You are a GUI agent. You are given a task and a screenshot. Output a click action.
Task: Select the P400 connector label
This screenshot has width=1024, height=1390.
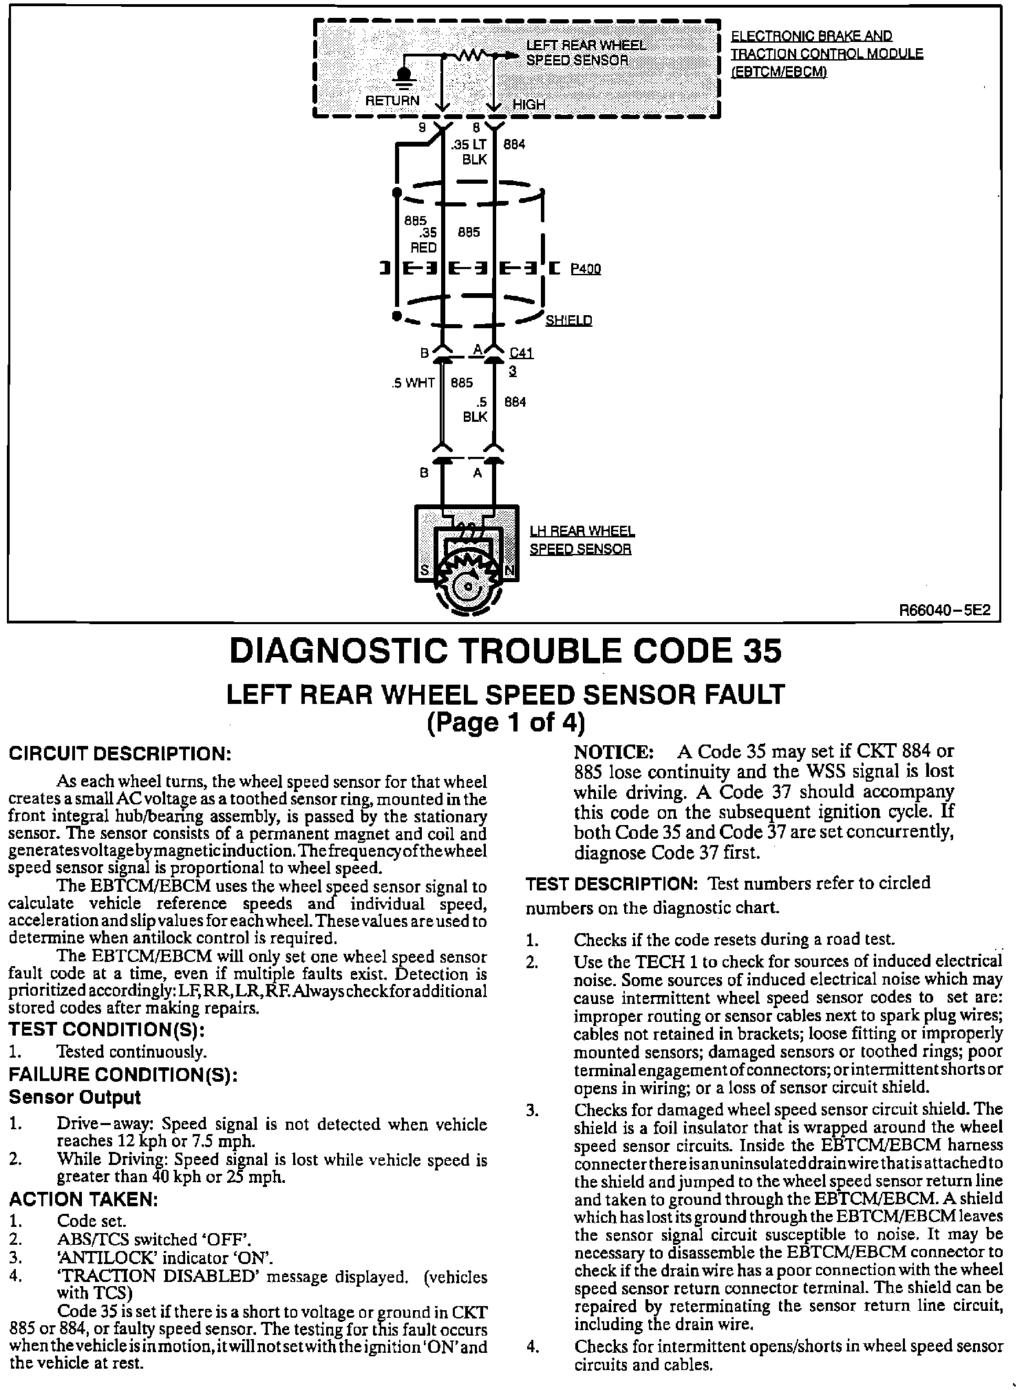(x=586, y=269)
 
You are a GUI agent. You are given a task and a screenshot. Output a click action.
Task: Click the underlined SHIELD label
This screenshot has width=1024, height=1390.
(x=568, y=321)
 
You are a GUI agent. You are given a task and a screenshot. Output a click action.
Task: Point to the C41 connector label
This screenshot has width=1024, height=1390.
(x=522, y=354)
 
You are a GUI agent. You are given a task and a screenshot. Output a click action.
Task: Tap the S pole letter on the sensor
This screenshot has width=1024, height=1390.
(x=425, y=570)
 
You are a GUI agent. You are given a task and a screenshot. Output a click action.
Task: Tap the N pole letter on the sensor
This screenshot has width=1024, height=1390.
(x=510, y=570)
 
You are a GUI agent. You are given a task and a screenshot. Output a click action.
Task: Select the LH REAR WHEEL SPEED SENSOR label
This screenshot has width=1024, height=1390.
(x=582, y=540)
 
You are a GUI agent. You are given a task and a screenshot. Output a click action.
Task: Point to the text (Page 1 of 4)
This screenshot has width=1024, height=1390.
(x=506, y=723)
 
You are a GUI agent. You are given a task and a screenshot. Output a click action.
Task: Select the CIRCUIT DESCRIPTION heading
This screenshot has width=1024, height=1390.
(x=119, y=753)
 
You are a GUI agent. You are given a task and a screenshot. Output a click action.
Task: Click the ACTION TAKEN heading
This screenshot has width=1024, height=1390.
(x=84, y=1199)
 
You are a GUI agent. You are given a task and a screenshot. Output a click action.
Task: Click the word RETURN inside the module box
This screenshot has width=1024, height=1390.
(x=392, y=101)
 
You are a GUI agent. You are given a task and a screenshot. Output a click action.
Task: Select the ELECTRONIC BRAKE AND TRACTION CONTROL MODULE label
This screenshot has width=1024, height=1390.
(x=826, y=54)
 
